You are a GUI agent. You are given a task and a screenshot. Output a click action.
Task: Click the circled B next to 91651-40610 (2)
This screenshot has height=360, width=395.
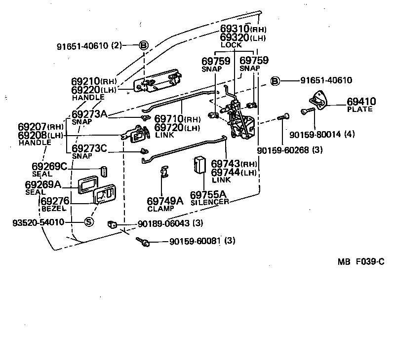[143, 45]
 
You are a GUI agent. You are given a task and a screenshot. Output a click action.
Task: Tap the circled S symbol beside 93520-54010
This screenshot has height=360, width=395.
[88, 222]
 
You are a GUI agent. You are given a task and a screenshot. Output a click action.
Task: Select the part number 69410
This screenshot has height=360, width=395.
[361, 102]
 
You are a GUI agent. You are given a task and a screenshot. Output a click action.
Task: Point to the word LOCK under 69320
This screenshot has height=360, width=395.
[231, 45]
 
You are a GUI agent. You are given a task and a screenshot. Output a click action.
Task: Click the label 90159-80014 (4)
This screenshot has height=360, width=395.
[321, 133]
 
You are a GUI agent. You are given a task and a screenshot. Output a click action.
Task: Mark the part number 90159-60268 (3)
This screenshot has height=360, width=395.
[283, 150]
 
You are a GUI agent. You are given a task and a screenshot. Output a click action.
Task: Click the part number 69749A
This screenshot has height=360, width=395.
[165, 201]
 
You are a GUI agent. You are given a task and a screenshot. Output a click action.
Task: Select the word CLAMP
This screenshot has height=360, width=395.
[160, 208]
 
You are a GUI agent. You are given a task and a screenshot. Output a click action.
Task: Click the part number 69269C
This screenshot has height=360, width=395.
[49, 167]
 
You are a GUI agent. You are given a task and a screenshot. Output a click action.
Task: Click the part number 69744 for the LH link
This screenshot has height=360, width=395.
[228, 172]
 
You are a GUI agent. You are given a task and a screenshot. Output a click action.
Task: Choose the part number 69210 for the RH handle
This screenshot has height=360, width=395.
[86, 81]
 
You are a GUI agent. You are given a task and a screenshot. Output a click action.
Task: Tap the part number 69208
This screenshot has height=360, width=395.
[33, 135]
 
